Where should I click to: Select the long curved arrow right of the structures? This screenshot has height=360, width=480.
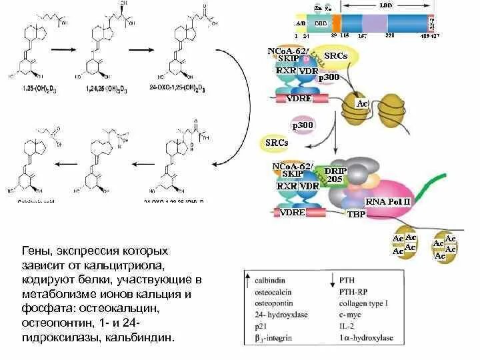pos(233,113)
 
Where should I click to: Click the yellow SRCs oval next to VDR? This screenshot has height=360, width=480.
pos(335,56)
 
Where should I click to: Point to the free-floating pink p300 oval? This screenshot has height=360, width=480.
pos(303,125)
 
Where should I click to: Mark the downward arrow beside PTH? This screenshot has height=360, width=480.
pos(333,280)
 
